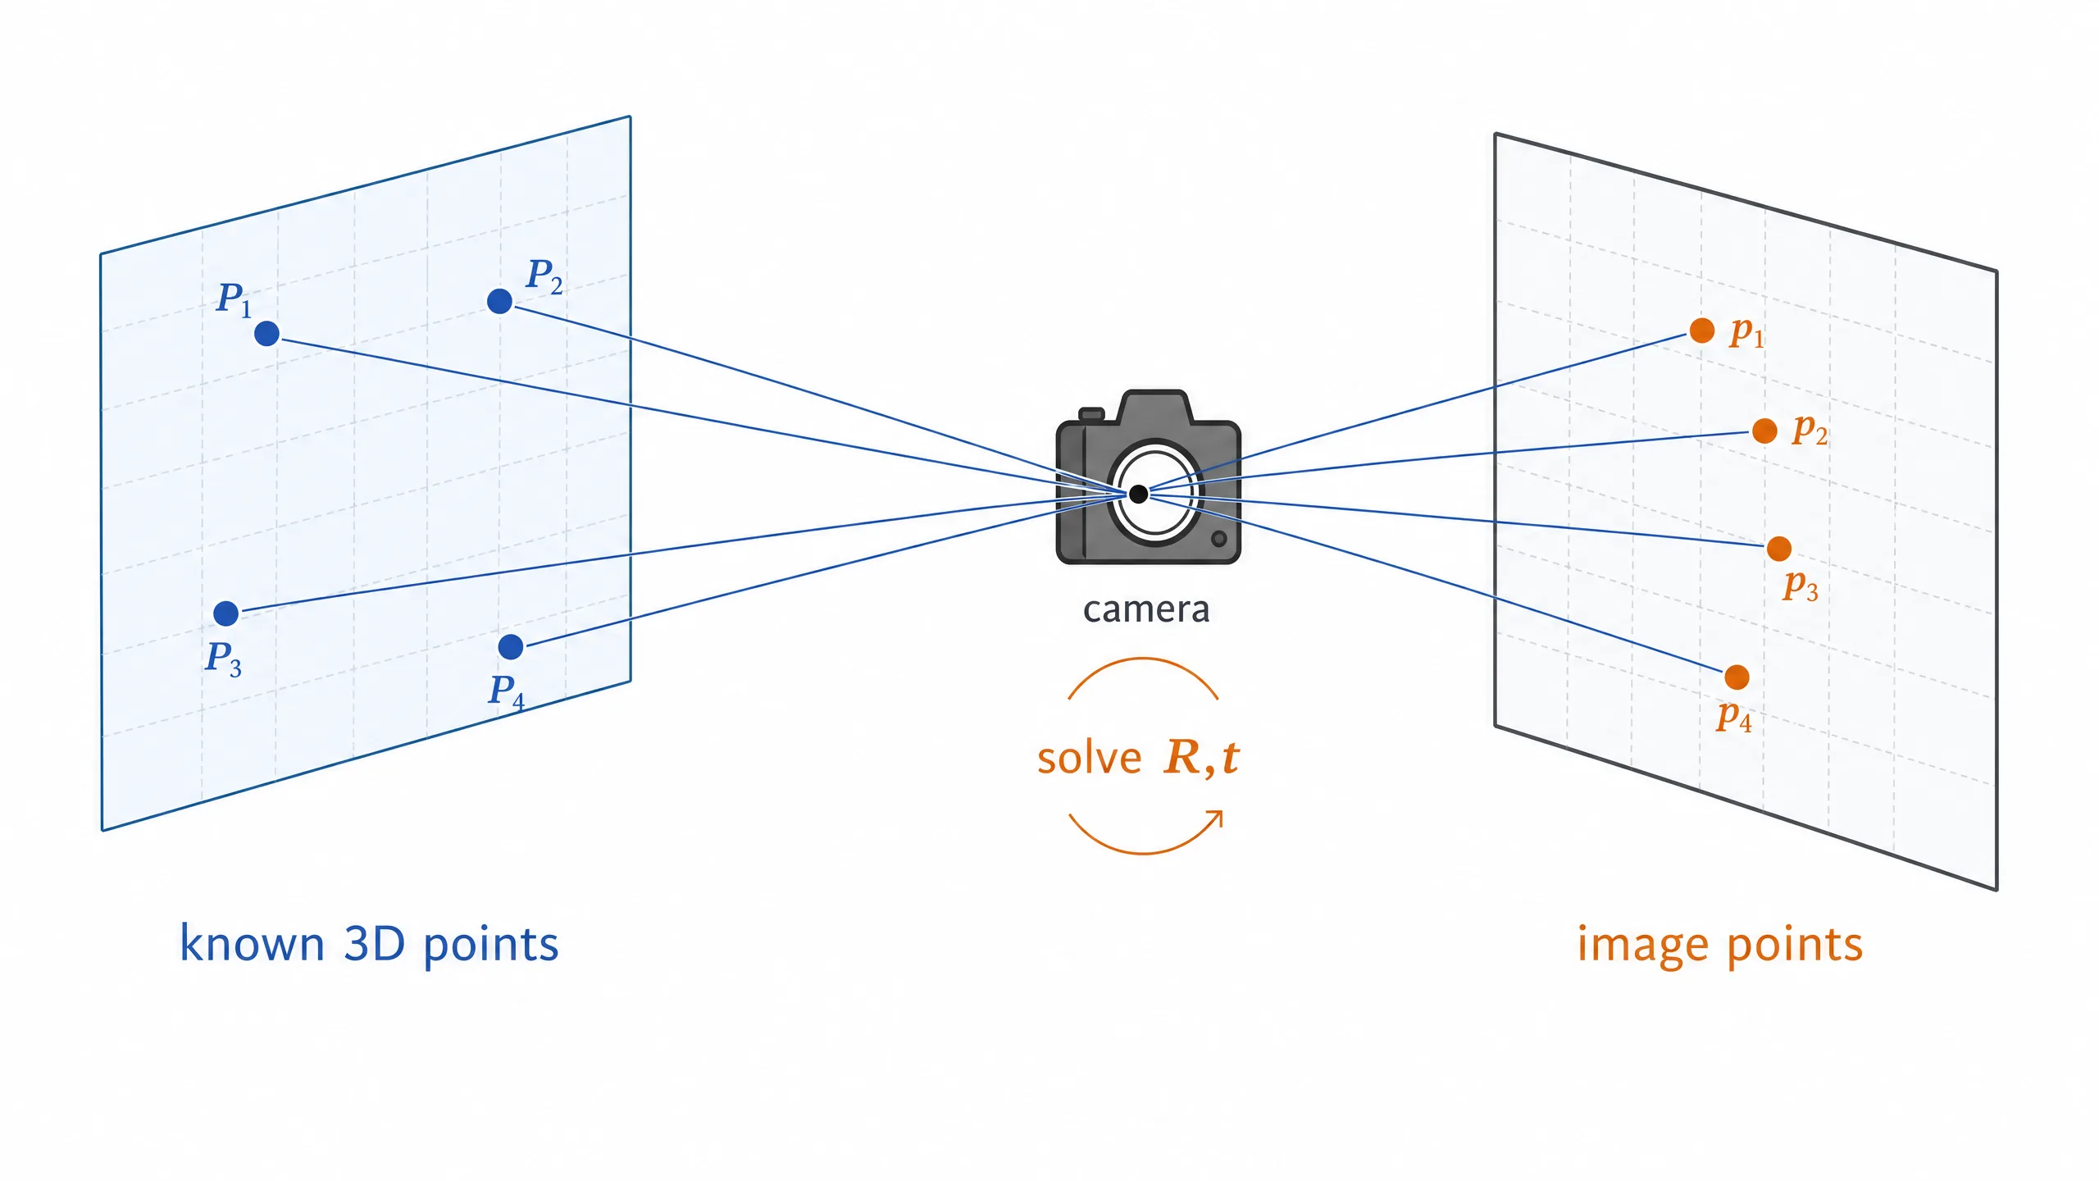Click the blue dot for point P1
[266, 334]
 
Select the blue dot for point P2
[499, 301]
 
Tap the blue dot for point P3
[225, 613]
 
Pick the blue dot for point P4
[510, 646]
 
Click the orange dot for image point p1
[1702, 331]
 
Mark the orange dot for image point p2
[1764, 430]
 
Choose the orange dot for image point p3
[1778, 549]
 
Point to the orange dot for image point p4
[1737, 677]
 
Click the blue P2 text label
[544, 276]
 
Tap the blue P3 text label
[223, 659]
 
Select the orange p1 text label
[1746, 332]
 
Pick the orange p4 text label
[1734, 716]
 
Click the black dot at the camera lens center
[1138, 494]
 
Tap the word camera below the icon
[1146, 609]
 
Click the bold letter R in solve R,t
[1182, 757]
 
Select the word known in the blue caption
[253, 943]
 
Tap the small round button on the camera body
[1218, 539]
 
